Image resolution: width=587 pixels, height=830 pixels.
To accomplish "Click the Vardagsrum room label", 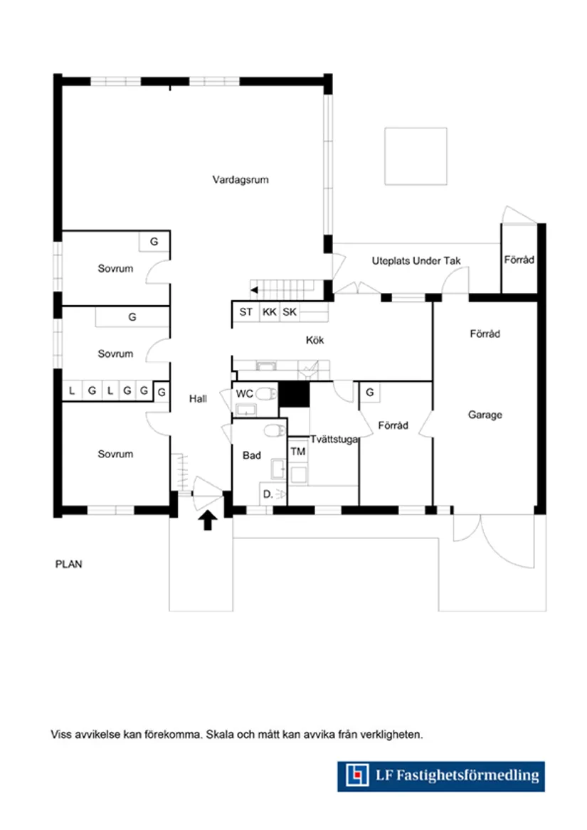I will coord(240,180).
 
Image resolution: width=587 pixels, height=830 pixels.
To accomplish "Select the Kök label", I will coord(314,341).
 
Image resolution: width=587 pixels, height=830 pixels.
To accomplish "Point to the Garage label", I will coord(485,415).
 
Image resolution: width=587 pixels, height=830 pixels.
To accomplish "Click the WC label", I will coord(244,393).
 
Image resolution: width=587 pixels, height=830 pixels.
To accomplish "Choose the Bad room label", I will coord(251,455).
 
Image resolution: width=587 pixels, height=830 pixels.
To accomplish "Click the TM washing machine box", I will coord(297,452).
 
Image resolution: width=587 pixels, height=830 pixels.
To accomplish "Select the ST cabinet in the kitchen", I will coord(245,312).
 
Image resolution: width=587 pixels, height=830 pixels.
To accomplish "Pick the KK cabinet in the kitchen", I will coord(269,312).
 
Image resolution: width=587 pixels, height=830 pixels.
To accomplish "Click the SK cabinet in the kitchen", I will coord(290,312).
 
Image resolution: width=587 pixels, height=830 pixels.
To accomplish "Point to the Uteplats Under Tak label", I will coord(416,261).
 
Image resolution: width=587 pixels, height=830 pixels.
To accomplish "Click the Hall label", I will coord(198,399).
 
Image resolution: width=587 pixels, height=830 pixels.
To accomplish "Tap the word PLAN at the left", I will coord(69,565).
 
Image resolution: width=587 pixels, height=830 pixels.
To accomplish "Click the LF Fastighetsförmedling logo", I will coord(440,775).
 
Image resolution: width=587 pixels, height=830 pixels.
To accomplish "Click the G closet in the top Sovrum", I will coord(154,242).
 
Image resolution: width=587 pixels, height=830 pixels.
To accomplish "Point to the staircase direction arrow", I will coord(253,289).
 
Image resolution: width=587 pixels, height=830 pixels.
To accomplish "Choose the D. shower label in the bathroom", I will coord(267,494).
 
